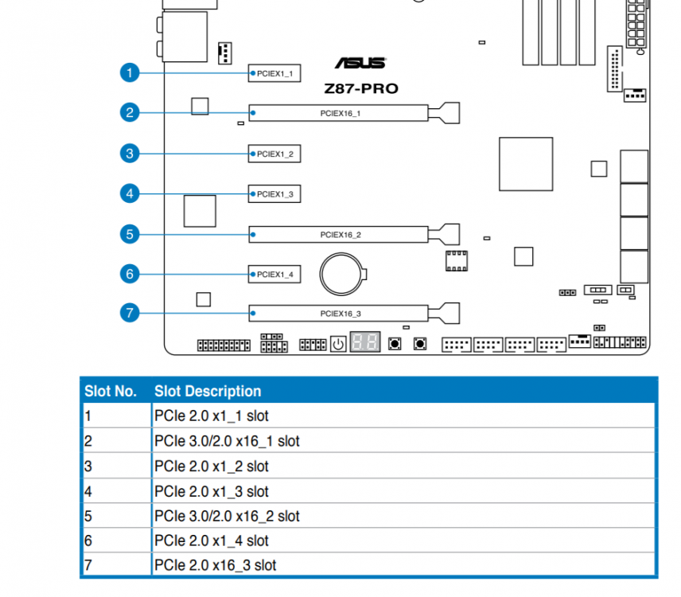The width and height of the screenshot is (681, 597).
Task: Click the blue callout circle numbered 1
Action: [130, 72]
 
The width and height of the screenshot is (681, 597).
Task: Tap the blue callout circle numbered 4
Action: [130, 193]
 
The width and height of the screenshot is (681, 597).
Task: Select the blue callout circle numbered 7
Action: [130, 313]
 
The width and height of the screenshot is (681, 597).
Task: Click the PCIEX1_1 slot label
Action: [275, 73]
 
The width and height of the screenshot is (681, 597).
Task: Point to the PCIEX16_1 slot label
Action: [340, 113]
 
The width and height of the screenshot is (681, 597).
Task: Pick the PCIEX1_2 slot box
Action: [274, 154]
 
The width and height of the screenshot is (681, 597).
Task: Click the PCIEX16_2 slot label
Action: [340, 235]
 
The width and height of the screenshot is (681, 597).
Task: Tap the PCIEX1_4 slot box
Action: [274, 274]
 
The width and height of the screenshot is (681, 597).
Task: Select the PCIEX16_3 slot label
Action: [340, 314]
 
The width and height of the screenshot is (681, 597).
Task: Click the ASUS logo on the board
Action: [360, 63]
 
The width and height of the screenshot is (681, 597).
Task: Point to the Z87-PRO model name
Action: [361, 88]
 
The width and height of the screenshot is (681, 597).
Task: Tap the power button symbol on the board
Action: [338, 345]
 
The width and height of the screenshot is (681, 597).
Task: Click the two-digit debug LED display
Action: [365, 342]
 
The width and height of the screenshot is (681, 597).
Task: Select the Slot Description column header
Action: [208, 391]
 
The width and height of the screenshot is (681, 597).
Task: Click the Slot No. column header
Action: [111, 391]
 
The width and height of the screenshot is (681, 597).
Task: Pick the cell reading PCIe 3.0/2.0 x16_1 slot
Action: [228, 441]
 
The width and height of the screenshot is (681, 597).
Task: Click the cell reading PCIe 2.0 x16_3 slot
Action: [216, 565]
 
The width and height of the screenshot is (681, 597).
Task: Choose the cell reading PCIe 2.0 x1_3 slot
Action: [212, 491]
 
